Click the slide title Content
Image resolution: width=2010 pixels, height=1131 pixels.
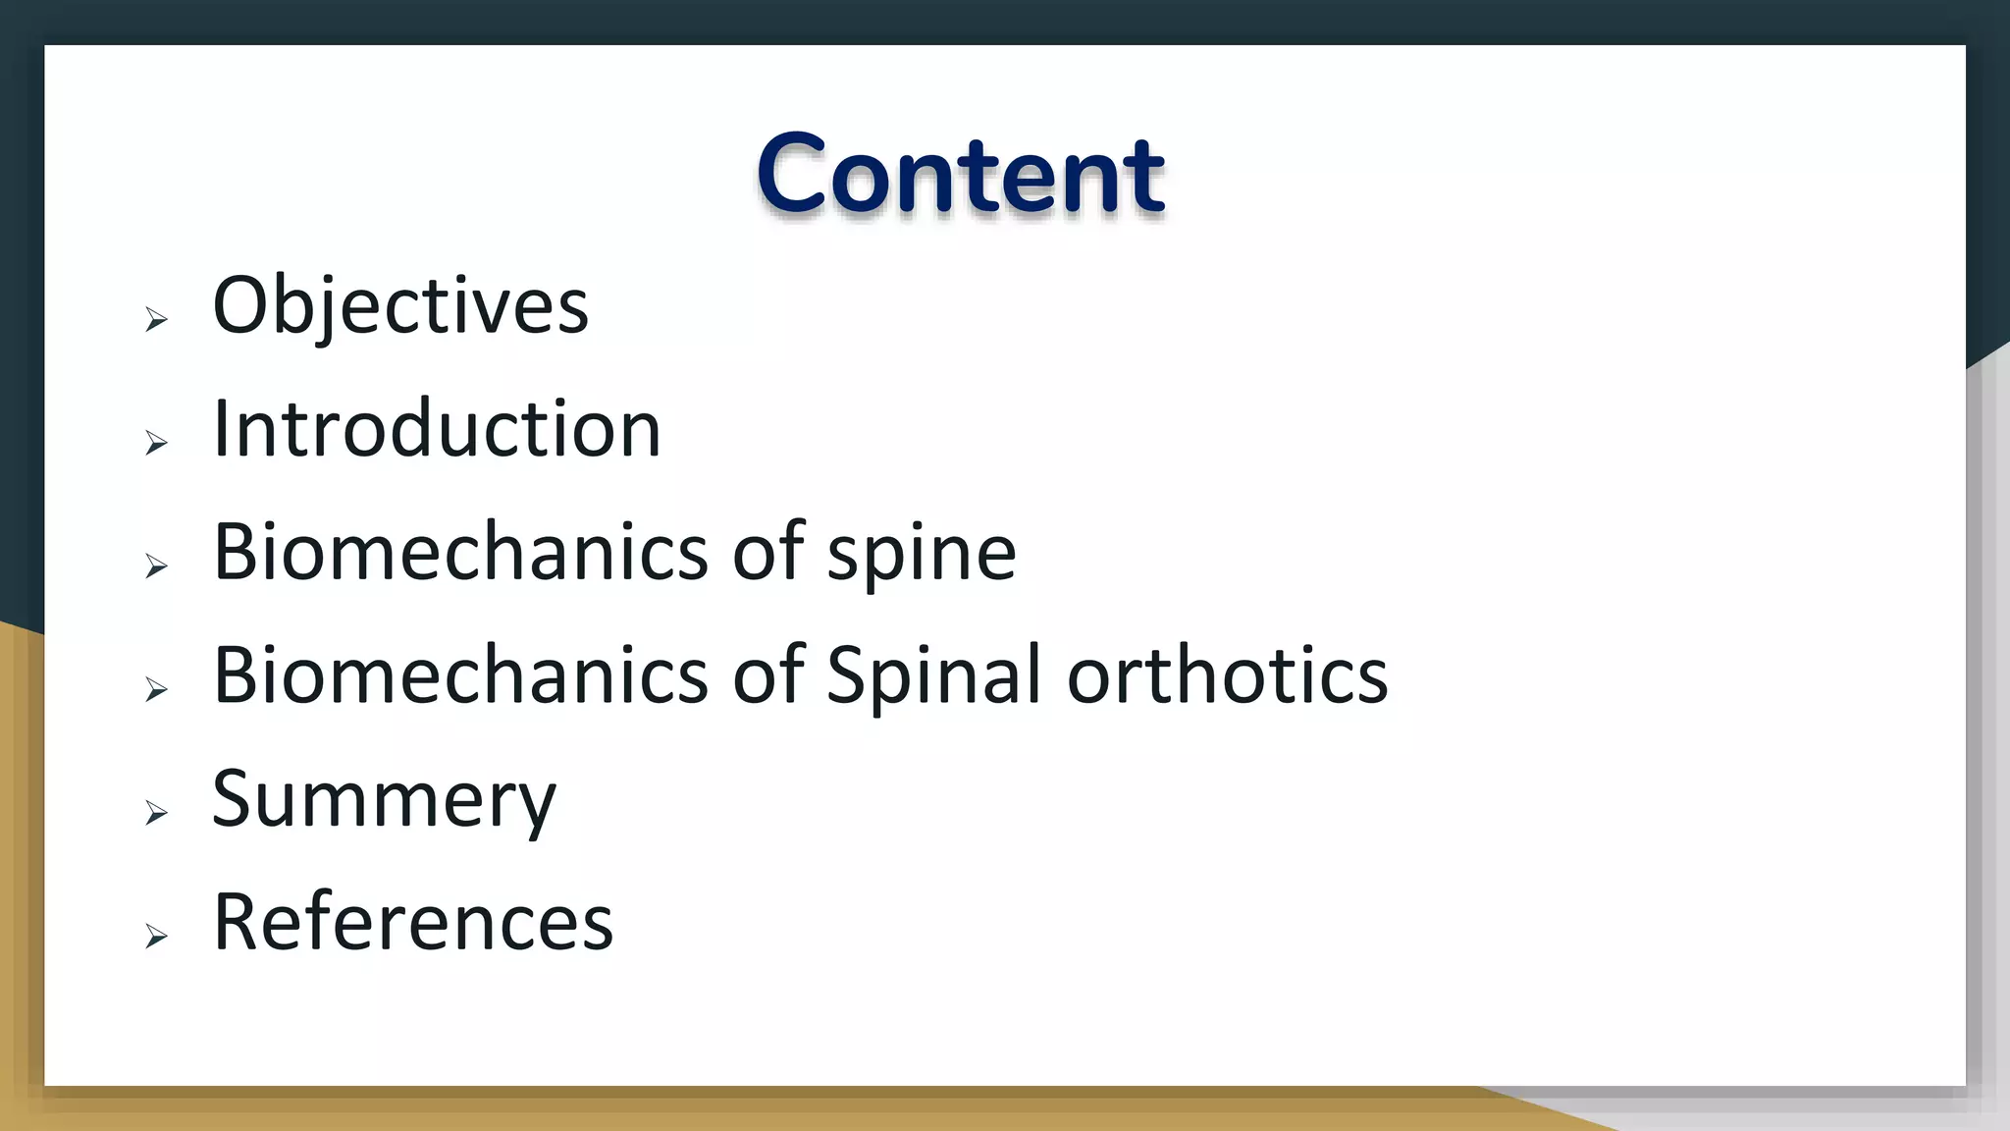click(x=960, y=174)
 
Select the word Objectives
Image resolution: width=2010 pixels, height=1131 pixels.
click(x=400, y=306)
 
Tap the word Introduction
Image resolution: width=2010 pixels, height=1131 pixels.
click(x=437, y=429)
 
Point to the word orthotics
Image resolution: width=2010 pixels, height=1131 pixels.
click(x=1227, y=675)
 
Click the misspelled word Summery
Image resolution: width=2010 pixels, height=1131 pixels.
click(x=384, y=800)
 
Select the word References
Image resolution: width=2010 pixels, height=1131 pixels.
click(x=412, y=922)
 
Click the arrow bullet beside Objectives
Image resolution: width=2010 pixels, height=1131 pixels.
click(x=157, y=319)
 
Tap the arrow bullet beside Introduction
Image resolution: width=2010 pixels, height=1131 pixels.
click(x=157, y=443)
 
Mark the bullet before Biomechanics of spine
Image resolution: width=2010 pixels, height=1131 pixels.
click(x=157, y=565)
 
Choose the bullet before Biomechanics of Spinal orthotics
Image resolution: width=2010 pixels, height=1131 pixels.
click(x=157, y=689)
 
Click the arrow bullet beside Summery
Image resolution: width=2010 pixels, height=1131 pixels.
click(x=157, y=812)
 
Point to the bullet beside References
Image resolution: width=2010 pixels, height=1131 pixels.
click(x=157, y=936)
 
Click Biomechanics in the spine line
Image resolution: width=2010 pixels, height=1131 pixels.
click(x=460, y=552)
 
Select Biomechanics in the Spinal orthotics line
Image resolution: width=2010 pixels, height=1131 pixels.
click(x=460, y=675)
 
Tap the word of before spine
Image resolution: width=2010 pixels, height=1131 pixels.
click(x=768, y=552)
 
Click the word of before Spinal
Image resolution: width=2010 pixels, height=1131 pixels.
click(x=768, y=675)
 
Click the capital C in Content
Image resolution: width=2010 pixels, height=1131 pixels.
click(x=796, y=174)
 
